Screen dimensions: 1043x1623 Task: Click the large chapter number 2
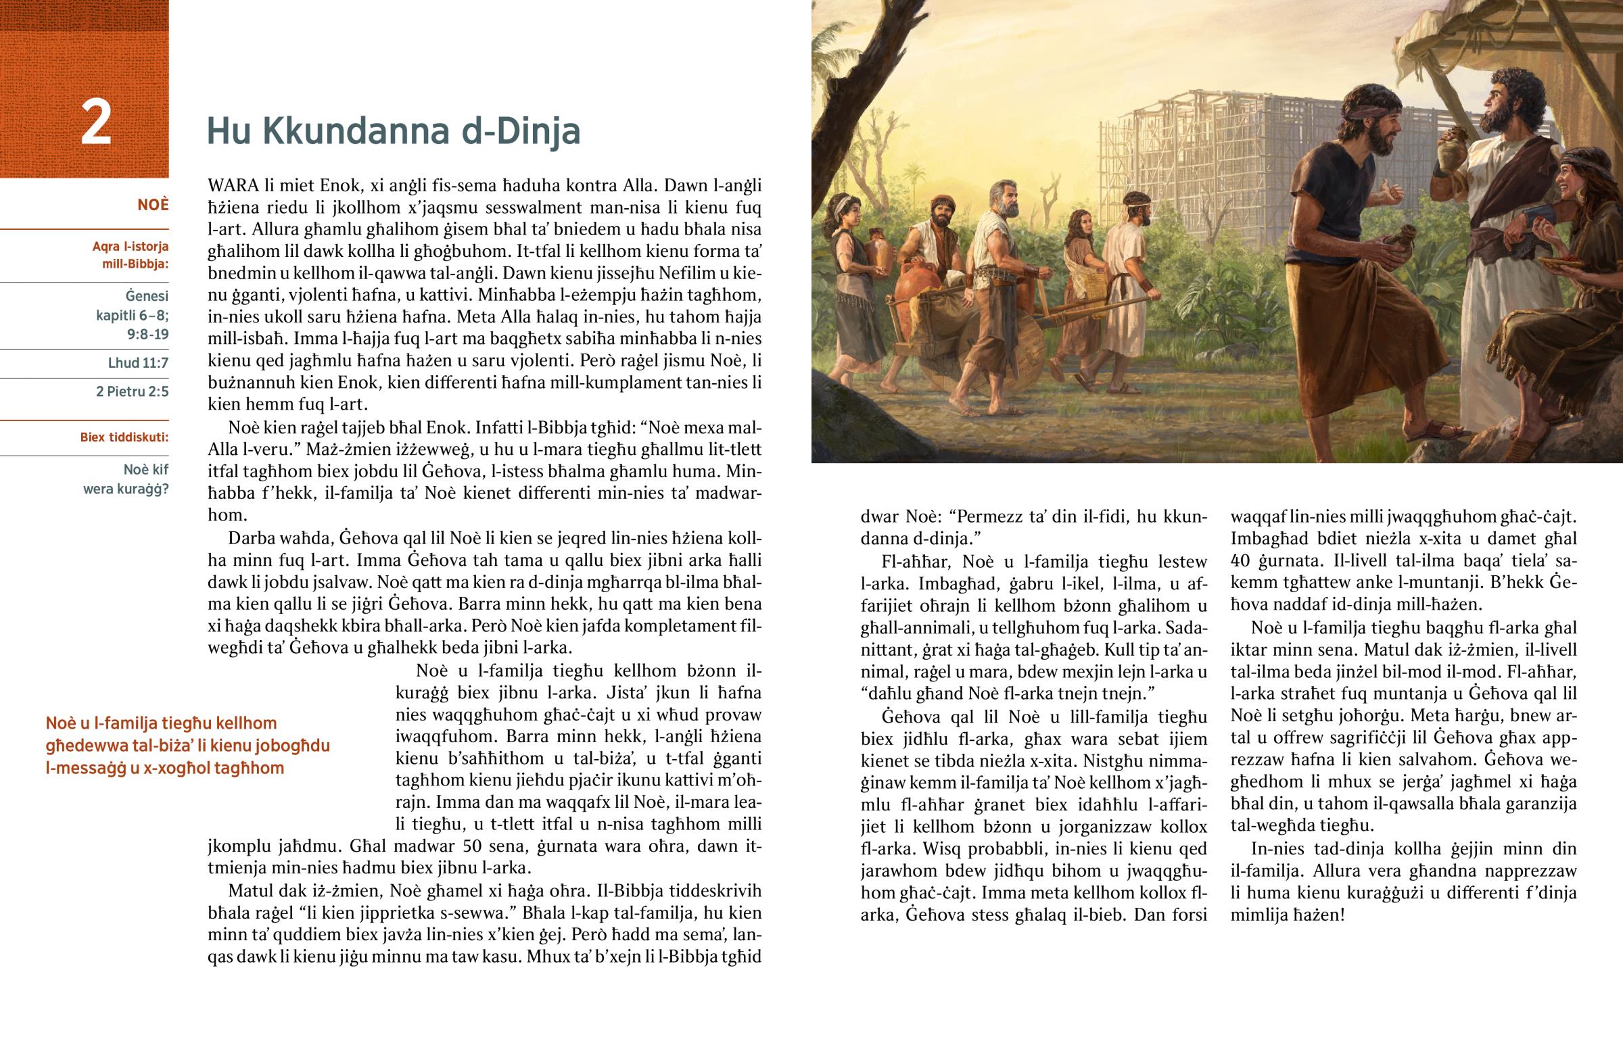pos(95,123)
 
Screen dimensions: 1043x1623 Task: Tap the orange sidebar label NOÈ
pos(152,205)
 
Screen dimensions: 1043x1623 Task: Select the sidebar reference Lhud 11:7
pos(138,363)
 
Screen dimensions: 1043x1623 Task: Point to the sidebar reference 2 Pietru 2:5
pos(132,391)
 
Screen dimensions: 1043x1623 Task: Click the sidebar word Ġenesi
pos(146,296)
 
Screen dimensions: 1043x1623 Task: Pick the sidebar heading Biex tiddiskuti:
pos(124,437)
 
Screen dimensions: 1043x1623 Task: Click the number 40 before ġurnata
pos(1240,561)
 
